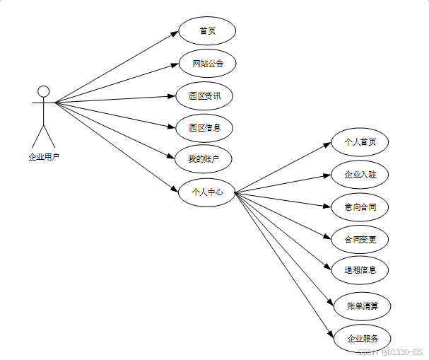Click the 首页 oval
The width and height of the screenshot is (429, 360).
206,31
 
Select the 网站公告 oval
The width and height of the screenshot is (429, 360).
206,64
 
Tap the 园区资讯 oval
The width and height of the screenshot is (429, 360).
205,95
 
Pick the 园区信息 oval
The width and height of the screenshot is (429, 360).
205,128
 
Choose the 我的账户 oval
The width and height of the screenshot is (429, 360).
205,160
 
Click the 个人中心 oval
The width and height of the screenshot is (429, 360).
206,192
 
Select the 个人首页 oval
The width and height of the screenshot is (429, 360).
360,142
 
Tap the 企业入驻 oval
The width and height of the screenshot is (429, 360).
360,175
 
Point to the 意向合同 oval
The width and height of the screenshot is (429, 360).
360,207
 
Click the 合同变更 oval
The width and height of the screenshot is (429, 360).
360,240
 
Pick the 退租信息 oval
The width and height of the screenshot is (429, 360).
360,269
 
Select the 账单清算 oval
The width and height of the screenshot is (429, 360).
363,306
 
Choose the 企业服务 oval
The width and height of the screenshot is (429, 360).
363,339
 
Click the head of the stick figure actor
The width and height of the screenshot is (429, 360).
44,91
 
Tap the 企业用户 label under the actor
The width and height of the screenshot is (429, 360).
44,157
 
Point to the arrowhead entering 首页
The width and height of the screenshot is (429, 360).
174,33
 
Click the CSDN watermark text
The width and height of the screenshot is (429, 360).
389,352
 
